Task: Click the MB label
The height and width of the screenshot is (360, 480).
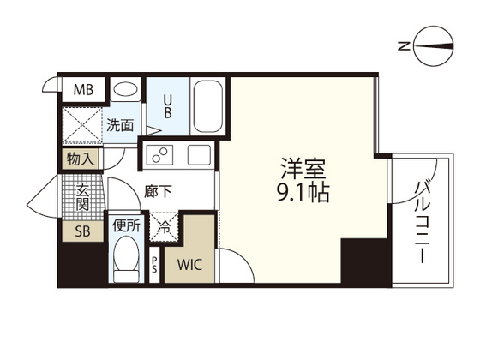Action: pyautogui.click(x=82, y=89)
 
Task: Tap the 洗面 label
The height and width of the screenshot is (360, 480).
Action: pyautogui.click(x=120, y=125)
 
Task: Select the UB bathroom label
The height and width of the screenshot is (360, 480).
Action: pyautogui.click(x=167, y=107)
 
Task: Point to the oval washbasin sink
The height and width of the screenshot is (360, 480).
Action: pyautogui.click(x=125, y=90)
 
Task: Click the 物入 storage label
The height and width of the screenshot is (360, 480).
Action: pyautogui.click(x=81, y=159)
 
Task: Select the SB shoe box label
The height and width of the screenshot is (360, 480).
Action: pyautogui.click(x=81, y=231)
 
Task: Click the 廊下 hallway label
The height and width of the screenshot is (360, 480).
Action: pyautogui.click(x=160, y=193)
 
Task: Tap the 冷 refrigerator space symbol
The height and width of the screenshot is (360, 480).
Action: pyautogui.click(x=163, y=228)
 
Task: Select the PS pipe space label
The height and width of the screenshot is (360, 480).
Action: pyautogui.click(x=154, y=265)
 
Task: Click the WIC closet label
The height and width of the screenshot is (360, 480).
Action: pyautogui.click(x=190, y=264)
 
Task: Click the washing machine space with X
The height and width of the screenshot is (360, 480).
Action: pyautogui.click(x=81, y=125)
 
